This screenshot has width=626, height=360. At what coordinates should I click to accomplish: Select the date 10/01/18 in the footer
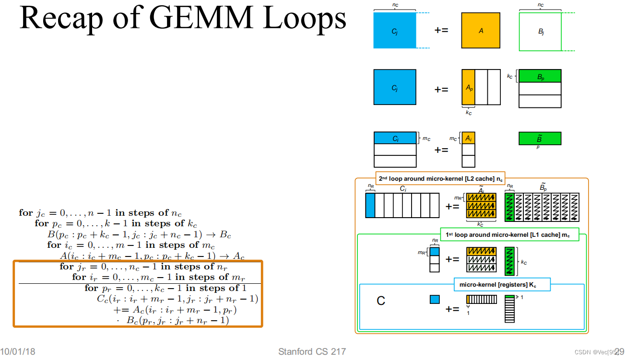point(18,352)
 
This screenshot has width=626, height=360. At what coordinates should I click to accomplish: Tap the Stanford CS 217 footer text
point(312,352)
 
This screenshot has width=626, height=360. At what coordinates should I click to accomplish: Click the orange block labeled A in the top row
point(481,30)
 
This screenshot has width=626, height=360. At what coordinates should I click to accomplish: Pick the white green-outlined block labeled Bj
point(540,32)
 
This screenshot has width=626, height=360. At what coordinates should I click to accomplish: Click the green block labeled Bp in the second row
point(540,76)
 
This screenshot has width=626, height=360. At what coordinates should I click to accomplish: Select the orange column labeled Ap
point(468,87)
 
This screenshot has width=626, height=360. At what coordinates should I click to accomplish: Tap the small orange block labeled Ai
point(468,138)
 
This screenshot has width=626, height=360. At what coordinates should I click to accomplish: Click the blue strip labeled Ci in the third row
point(395,138)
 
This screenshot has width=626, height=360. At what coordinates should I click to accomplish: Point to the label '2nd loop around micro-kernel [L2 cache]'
point(440,178)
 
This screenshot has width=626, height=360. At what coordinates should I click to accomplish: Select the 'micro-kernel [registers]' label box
point(502,285)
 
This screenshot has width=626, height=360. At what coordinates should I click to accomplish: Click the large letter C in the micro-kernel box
point(381,301)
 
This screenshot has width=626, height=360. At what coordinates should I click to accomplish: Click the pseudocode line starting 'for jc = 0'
point(100,213)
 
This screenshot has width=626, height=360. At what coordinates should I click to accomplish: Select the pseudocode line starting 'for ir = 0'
point(158,277)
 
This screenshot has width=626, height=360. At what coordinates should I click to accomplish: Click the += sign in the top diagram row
point(441,30)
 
